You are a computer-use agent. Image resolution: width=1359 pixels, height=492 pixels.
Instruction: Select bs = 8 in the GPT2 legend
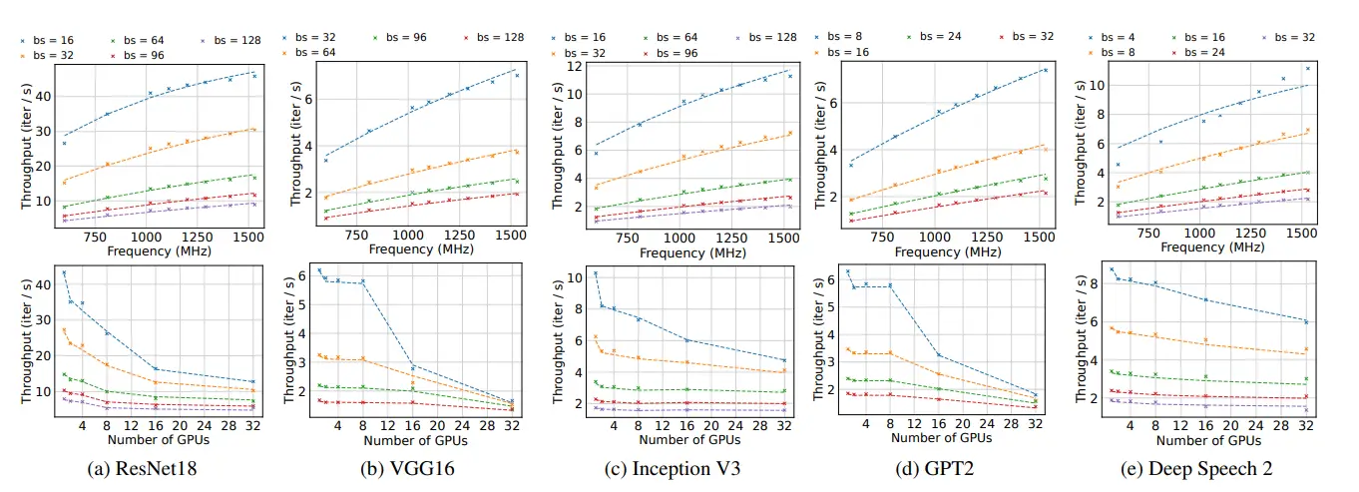pyautogui.click(x=845, y=35)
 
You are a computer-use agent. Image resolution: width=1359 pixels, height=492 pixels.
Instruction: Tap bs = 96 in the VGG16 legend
pyautogui.click(x=410, y=35)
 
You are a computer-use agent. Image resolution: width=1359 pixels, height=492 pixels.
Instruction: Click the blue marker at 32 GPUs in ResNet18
pyautogui.click(x=252, y=381)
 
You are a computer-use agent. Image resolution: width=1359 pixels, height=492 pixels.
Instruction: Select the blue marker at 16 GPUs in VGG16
pyautogui.click(x=412, y=367)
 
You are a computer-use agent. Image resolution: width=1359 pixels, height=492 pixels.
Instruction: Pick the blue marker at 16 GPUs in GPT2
pyautogui.click(x=939, y=354)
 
